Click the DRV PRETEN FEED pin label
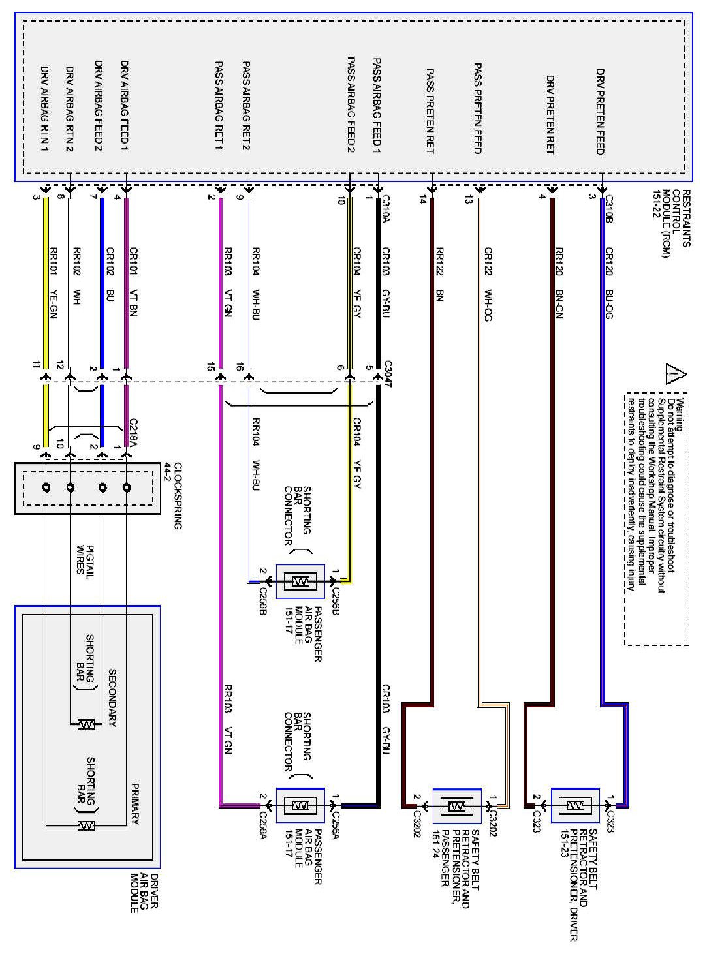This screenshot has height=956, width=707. click(600, 111)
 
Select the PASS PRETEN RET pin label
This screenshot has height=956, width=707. click(430, 111)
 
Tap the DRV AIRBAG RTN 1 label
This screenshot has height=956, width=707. click(45, 108)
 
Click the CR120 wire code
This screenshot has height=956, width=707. click(608, 262)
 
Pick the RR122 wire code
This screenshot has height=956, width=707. click(439, 262)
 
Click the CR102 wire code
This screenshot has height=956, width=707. click(110, 262)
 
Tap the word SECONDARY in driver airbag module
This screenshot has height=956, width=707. click(112, 698)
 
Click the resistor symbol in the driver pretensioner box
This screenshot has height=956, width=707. click(574, 806)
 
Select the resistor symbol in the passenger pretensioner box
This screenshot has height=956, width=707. click(457, 807)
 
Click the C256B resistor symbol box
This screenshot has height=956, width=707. click(300, 581)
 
